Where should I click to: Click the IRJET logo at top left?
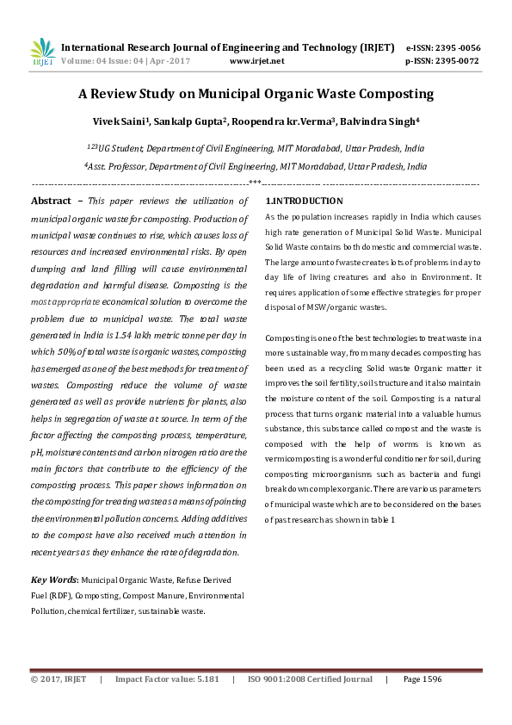click(x=42, y=52)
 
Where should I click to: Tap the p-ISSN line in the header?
click(x=441, y=61)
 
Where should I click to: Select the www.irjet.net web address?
click(x=257, y=61)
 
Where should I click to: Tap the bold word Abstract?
click(x=51, y=201)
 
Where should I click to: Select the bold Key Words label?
click(x=54, y=580)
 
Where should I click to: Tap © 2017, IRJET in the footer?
click(x=59, y=679)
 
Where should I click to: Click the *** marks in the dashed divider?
click(x=255, y=183)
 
